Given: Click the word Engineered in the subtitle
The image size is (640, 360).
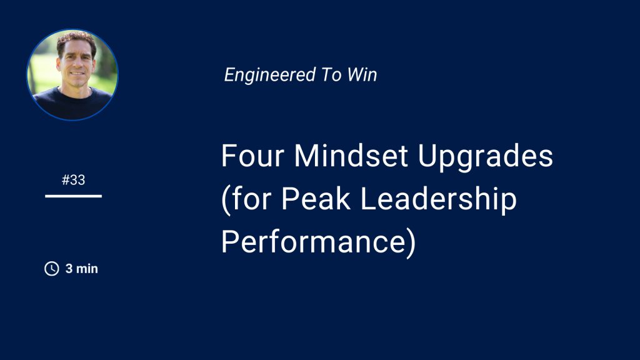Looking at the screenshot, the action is coord(270,75).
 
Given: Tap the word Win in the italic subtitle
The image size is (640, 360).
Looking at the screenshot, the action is coord(362,75).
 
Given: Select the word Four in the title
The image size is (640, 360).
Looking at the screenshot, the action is coord(252,156).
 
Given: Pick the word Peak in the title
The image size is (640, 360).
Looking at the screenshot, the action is coord(316,199).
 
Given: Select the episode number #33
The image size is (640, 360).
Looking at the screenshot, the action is coord(74,180).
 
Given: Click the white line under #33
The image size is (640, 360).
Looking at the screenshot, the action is coord(74,196).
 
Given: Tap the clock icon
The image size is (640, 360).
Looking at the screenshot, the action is coord(52,269).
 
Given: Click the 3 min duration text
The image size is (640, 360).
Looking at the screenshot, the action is coord(82,269).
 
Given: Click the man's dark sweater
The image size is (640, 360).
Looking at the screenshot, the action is coord(72,104).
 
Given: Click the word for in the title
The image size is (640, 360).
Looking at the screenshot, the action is coord(252,199).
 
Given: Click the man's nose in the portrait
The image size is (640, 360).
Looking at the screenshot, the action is coord(77,64).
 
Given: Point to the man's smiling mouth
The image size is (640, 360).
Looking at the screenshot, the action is coord(77,74).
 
